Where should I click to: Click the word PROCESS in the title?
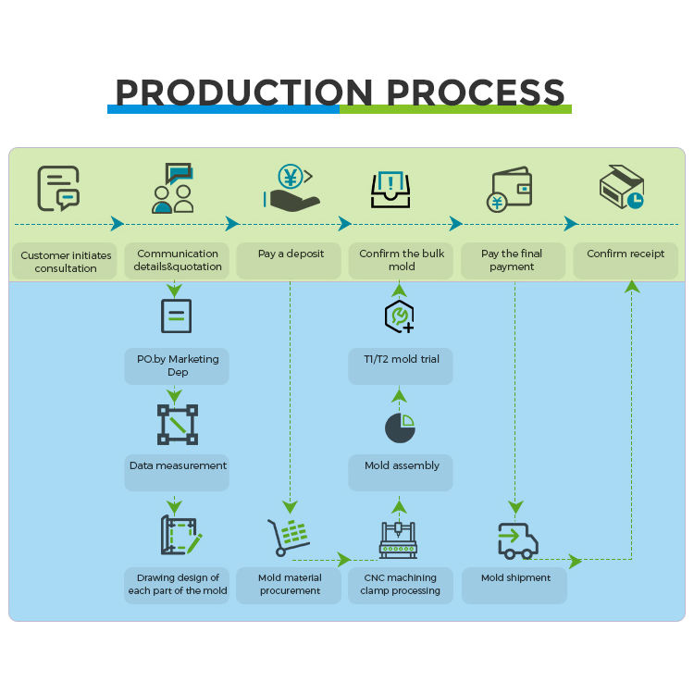[475, 93]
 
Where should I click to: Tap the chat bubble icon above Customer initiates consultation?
[58, 188]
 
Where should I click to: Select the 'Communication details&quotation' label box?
[178, 260]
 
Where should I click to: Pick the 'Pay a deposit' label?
[291, 254]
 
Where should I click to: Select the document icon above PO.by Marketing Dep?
[176, 316]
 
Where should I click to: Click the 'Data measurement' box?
[177, 466]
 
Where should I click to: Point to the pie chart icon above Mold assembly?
[400, 427]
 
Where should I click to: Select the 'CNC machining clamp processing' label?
[401, 585]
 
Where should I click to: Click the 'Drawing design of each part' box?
[176, 585]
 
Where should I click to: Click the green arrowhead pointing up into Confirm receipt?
[632, 287]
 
